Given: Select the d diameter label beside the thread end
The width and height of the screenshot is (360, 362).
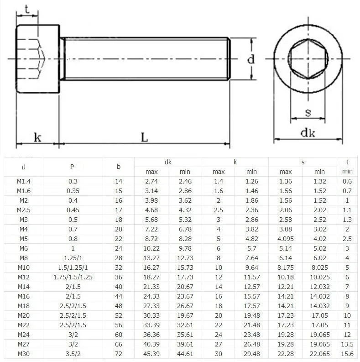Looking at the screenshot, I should pos(250,59).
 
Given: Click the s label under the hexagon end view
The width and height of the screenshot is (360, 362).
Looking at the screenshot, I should pos(308,112).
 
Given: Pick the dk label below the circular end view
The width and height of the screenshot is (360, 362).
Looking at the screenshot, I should pos(308,132).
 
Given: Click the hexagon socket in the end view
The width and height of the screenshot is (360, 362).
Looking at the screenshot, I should pos(308,58).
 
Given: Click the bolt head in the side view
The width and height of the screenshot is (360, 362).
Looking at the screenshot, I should pos(38,59).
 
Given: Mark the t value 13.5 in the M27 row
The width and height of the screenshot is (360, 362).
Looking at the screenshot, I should pos(347,344).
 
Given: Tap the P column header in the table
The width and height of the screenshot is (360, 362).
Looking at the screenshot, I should pos(72,167).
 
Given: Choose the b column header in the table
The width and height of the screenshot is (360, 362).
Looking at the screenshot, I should pos(119,167).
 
